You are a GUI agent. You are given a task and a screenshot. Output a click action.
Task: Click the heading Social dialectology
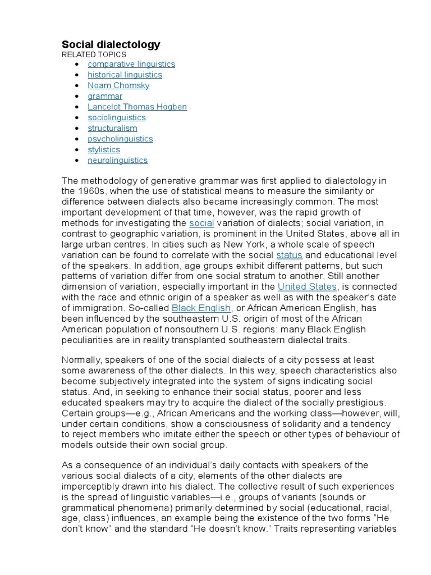coord(111,44)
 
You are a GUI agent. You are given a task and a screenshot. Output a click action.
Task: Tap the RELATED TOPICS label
coord(94,54)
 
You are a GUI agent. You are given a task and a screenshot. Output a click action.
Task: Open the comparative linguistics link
coord(131,64)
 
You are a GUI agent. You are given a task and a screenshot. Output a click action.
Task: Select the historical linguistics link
coord(125,75)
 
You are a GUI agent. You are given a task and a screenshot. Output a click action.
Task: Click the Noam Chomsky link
coord(118,85)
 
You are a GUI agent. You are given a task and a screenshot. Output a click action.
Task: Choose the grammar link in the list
coord(105,96)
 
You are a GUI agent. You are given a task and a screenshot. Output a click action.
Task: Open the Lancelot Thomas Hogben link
coord(137,107)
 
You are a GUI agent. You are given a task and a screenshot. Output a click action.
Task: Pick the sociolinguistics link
coord(116,117)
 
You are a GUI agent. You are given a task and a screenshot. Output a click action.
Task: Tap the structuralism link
coord(112,128)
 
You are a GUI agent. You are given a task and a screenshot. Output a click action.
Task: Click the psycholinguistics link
coord(120,139)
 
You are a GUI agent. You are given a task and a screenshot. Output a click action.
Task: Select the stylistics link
coord(104,149)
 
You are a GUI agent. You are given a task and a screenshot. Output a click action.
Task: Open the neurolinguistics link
coord(117,160)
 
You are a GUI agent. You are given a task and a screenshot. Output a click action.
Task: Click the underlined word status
coord(289,254)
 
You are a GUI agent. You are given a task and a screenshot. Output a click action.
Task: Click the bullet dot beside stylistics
coord(76,150)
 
